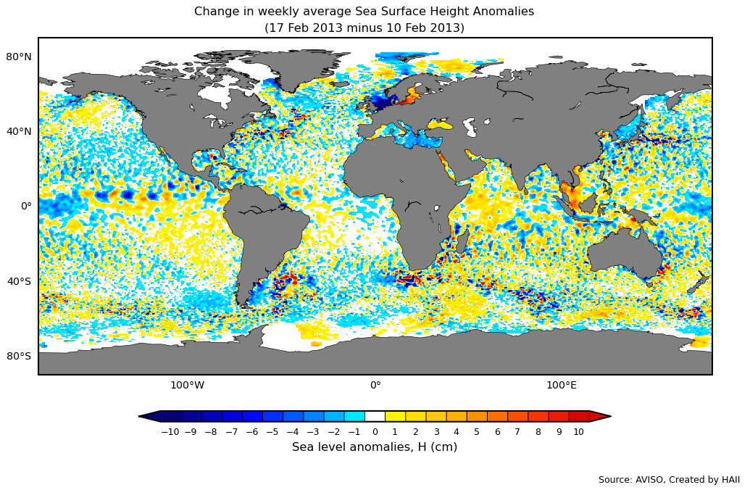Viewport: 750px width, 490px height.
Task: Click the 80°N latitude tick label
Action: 19,57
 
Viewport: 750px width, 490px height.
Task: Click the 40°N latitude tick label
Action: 19,131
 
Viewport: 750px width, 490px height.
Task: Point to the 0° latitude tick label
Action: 26,206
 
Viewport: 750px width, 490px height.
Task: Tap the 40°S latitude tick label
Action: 19,281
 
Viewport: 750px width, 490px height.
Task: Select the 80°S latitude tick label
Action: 19,356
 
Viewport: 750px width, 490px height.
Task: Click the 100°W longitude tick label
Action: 187,386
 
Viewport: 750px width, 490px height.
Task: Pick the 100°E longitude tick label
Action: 562,386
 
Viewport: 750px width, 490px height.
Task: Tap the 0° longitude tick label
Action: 375,386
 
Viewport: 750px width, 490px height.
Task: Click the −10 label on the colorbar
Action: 170,432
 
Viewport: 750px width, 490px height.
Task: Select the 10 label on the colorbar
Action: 578,432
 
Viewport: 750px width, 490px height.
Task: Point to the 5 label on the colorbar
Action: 476,432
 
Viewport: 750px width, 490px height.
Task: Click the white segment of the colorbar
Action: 375,416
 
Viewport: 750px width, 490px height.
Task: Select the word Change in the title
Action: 216,12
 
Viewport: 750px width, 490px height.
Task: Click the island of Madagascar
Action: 462,241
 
